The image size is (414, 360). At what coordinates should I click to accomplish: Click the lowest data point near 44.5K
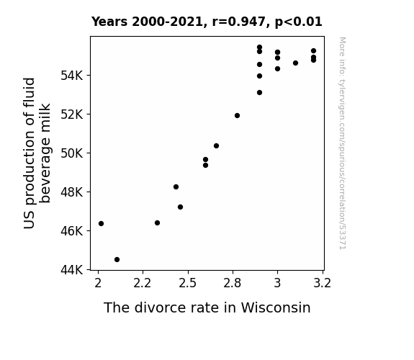pyautogui.click(x=117, y=260)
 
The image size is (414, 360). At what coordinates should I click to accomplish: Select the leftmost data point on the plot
pyautogui.click(x=101, y=224)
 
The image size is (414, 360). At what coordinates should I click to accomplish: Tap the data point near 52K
pyautogui.click(x=237, y=116)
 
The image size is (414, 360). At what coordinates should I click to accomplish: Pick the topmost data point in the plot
pyautogui.click(x=259, y=48)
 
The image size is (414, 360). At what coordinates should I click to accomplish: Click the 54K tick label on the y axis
pyautogui.click(x=72, y=76)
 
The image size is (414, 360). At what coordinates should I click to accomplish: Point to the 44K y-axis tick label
pyautogui.click(x=72, y=270)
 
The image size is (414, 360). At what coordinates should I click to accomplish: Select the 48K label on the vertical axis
pyautogui.click(x=72, y=192)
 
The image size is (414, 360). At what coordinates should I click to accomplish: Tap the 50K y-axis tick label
pyautogui.click(x=72, y=153)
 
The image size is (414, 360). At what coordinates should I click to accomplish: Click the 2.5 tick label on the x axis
pyautogui.click(x=187, y=284)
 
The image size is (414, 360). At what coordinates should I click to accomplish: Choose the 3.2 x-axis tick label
pyautogui.click(x=322, y=284)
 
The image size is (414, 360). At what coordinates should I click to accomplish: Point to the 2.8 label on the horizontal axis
pyautogui.click(x=233, y=284)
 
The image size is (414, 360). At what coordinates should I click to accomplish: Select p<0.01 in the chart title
pyautogui.click(x=299, y=22)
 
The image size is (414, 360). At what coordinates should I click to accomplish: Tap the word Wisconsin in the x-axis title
pyautogui.click(x=276, y=307)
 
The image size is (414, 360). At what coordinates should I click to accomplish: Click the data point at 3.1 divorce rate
pyautogui.click(x=295, y=63)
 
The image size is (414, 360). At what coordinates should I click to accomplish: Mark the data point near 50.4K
pyautogui.click(x=216, y=145)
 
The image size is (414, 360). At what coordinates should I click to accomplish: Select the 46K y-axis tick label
pyautogui.click(x=72, y=231)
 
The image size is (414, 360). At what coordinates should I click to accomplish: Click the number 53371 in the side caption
pyautogui.click(x=342, y=237)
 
